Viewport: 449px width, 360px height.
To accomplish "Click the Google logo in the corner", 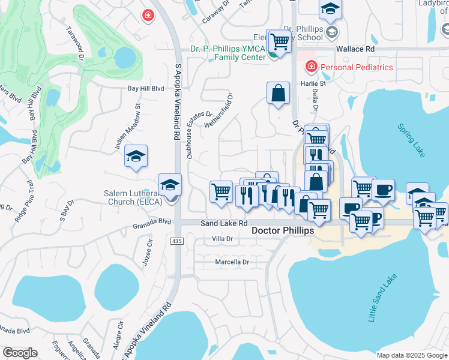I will coord(20,353).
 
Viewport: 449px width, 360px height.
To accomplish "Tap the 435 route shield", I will coord(176,241).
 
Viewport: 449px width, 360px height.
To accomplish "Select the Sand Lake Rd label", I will coord(224,223).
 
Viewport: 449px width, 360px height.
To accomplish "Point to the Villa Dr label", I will coord(222,239).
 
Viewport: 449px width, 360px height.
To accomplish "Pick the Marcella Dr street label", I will coord(232,262).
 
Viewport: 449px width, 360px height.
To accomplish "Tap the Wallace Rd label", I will coord(355,49).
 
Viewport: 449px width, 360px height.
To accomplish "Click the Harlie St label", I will coord(313,83).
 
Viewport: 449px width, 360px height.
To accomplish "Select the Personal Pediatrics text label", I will coord(357,67).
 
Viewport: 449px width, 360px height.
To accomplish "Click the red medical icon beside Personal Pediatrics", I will coord(311,67).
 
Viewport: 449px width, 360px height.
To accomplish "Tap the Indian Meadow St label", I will coord(127,127).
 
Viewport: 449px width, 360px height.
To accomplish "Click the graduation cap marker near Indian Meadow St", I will coord(136,157).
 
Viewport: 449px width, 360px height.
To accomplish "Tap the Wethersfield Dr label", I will coord(218,110).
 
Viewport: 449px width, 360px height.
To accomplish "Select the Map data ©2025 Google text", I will coord(411,355).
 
